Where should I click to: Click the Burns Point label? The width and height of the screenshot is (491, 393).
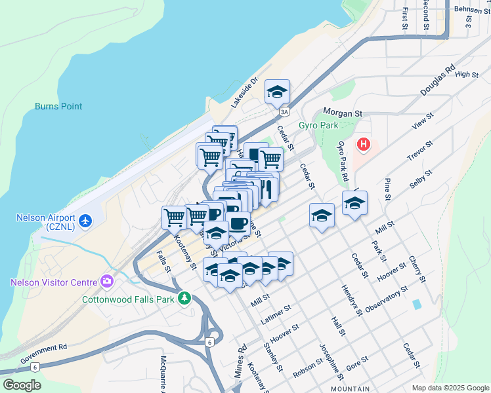tap(58, 105)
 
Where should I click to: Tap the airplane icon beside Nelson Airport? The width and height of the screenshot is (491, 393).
tap(84, 221)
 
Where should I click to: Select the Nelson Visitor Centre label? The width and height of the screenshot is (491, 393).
tap(53, 282)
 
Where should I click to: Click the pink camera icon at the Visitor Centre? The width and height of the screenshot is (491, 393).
tap(106, 282)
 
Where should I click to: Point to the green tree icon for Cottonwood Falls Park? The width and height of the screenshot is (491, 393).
tap(185, 299)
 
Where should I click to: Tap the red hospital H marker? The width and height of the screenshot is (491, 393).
tap(363, 143)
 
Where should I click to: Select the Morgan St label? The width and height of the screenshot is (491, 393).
tap(341, 113)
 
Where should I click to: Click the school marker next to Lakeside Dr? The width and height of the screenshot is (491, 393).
tap(277, 92)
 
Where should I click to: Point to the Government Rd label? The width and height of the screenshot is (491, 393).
tap(44, 355)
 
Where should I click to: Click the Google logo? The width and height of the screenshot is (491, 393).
tap(21, 385)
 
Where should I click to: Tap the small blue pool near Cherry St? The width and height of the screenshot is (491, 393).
tap(416, 305)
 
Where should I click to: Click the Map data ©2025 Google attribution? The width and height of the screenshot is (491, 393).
tap(450, 388)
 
